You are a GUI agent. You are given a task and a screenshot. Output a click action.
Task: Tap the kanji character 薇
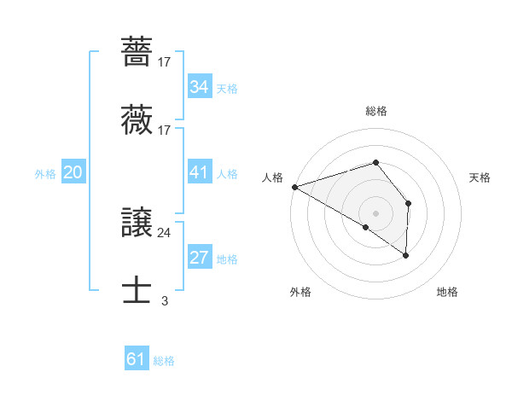coord(137,121)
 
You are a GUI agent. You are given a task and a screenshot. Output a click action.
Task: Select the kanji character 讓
coord(137,224)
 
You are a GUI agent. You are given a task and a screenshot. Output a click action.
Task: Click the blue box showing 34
coord(199,88)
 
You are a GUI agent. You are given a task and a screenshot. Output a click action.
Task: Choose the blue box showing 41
coord(199,173)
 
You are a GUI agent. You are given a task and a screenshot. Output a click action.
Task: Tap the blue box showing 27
coord(199,259)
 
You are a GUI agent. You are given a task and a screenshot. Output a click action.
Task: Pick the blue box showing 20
coord(73,173)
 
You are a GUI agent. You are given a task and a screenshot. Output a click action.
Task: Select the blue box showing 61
coord(136,359)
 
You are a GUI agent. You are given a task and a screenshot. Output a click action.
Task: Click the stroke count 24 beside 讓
coord(165,232)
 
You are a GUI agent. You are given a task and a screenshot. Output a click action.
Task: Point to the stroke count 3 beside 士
coord(165,300)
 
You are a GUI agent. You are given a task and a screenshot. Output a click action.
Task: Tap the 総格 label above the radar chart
coord(375,111)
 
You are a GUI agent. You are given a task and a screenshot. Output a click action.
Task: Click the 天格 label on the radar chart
coord(480,177)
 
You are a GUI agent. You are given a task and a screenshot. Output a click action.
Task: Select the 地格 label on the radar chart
coord(447,292)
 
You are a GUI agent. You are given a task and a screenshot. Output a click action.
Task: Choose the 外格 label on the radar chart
coord(300,292)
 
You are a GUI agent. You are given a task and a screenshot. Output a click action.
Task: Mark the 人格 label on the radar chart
coord(272,177)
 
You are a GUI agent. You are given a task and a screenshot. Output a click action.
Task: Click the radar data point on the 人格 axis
coord(294,186)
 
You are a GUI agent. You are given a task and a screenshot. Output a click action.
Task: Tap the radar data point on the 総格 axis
coord(375,162)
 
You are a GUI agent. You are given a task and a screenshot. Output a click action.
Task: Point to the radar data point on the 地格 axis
coord(405,254)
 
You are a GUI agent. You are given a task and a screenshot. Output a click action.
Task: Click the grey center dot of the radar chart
coord(375,212)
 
